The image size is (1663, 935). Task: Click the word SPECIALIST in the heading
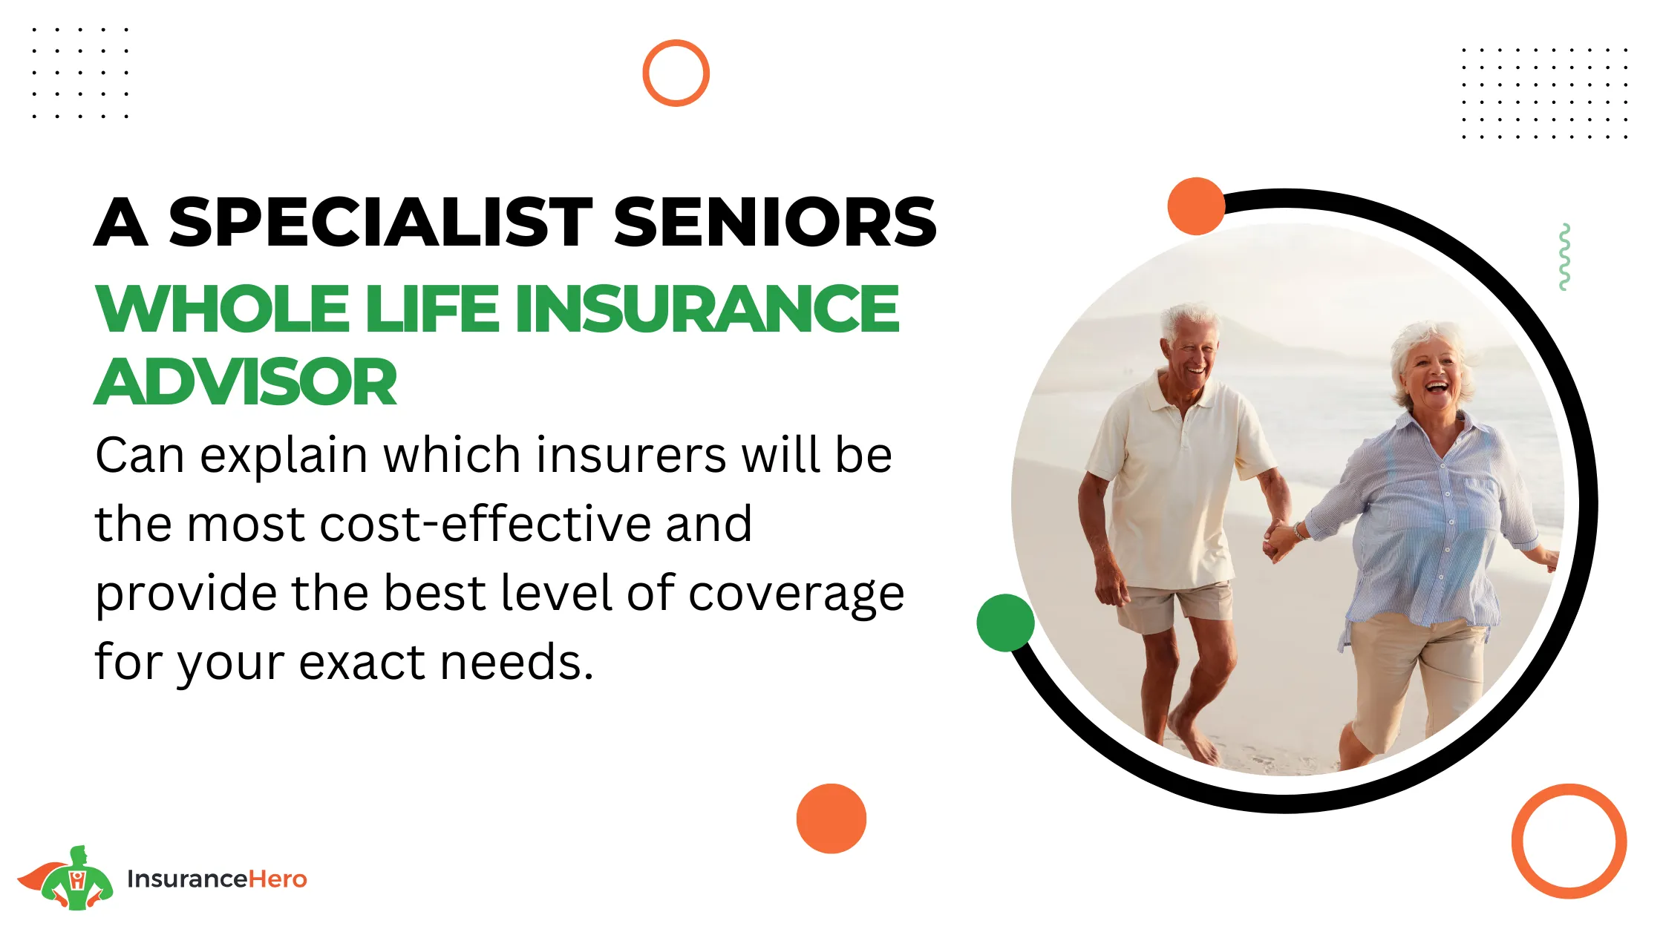point(380,222)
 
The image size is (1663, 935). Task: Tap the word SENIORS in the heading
point(775,222)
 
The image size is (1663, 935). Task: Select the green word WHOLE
point(222,309)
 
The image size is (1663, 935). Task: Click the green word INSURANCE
point(707,309)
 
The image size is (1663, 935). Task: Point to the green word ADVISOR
point(246,381)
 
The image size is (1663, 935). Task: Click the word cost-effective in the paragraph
point(536,523)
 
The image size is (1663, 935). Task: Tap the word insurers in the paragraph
point(631,454)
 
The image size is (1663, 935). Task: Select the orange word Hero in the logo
point(278,879)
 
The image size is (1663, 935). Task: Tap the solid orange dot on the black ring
point(1196,206)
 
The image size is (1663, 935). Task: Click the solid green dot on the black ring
point(1005,623)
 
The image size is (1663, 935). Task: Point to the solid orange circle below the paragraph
point(831,818)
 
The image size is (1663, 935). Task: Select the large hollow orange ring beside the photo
point(1517,841)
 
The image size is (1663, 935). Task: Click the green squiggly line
point(1564,257)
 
